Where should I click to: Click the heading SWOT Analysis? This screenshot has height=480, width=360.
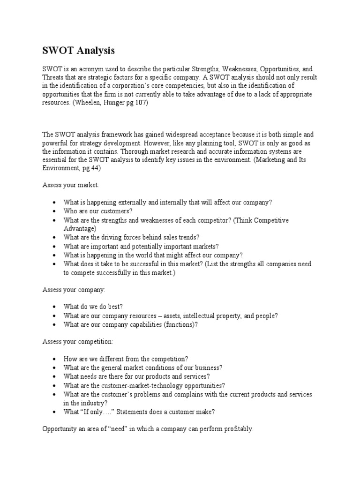79,50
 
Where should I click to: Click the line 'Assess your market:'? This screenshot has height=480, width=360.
71,185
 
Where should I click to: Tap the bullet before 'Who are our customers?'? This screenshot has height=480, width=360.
55,211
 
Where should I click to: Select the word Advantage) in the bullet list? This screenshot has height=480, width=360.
80,228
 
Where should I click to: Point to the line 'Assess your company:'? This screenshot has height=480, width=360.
74,290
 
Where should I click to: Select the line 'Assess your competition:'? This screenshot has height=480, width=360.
78,342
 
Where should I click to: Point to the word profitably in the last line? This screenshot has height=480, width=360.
236,429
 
